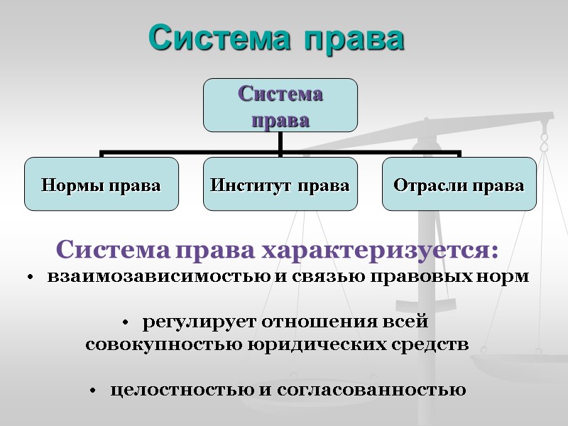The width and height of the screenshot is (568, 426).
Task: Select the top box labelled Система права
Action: pos(280,105)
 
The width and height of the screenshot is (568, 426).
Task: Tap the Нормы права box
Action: pos(101,185)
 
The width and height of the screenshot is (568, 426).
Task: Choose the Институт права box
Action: pos(280,185)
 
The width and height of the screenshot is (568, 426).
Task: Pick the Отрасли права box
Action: pos(459,185)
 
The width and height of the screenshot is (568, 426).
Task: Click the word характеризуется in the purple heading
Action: pos(381,251)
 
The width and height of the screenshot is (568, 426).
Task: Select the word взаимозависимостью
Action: pos(158,277)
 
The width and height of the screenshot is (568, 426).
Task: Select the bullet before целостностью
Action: pos(93,391)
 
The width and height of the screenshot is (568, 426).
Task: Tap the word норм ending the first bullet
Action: pos(510,277)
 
